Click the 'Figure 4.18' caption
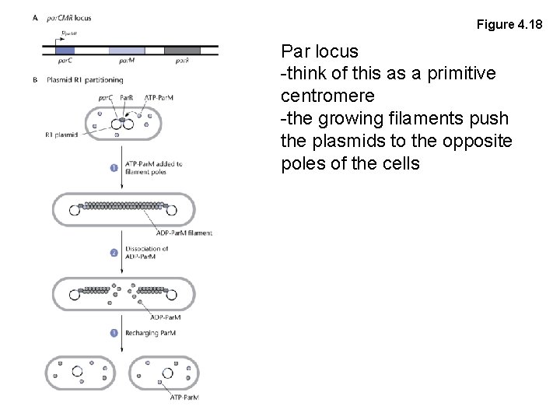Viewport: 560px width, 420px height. click(509, 25)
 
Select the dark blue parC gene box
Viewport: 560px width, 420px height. click(66, 51)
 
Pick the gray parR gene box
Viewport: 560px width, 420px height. click(182, 51)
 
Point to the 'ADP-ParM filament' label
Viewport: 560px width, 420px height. click(182, 233)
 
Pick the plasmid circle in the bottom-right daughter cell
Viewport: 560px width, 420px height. click(166, 374)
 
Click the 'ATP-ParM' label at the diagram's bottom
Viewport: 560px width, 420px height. click(184, 398)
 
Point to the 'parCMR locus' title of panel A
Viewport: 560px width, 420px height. click(69, 18)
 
